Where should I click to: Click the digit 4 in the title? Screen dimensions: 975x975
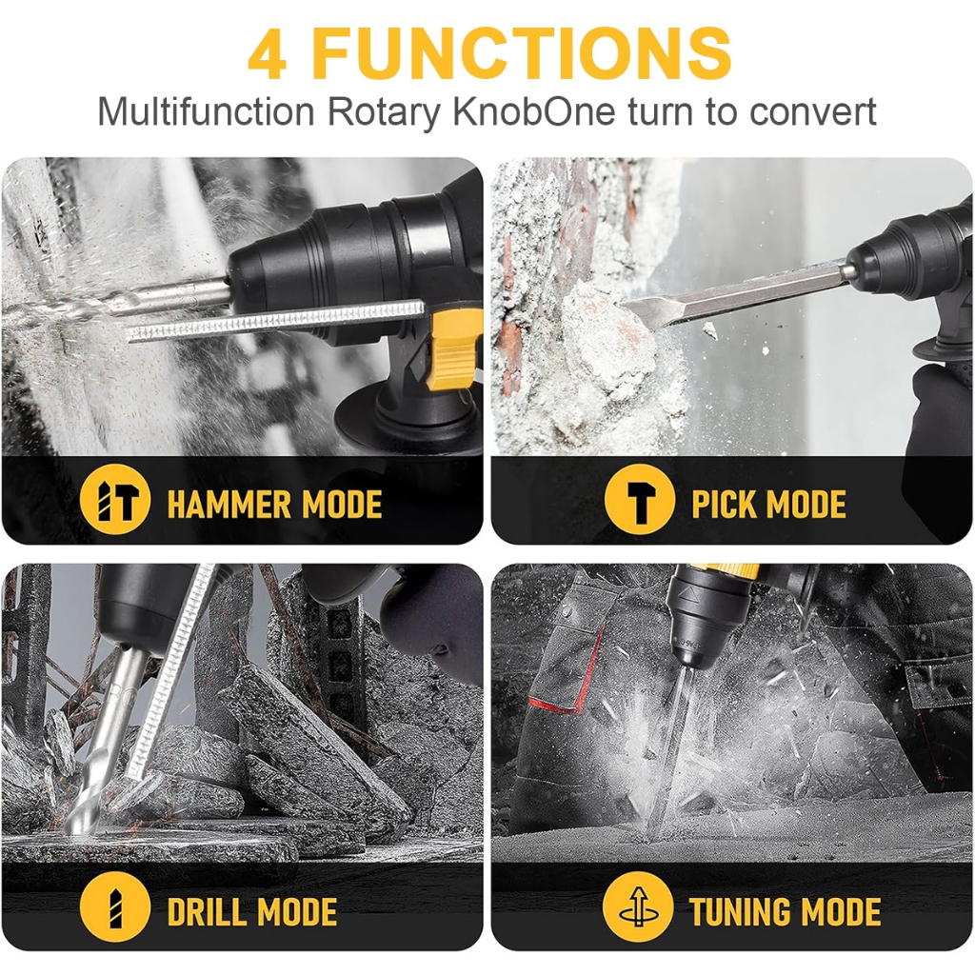pos(268,54)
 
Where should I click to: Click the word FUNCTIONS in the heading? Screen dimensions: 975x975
pos(521,53)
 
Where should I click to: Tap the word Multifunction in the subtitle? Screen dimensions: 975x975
pos(207,112)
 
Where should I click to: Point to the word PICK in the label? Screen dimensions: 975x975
pos(725,504)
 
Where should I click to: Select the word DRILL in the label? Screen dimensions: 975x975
pos(208,912)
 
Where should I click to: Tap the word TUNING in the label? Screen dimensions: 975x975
pos(740,912)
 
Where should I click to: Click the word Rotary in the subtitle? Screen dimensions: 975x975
pos(384,112)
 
